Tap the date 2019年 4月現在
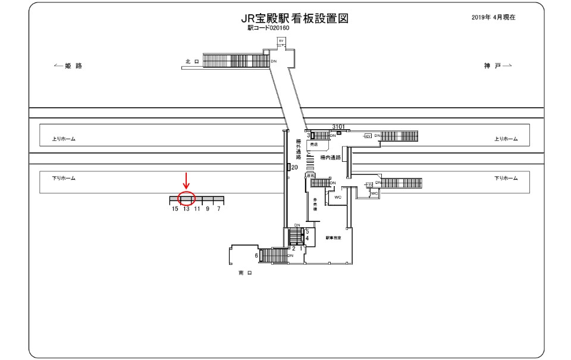492,17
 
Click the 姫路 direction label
68,66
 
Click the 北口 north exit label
191,61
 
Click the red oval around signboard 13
187,199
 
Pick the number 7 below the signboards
218,209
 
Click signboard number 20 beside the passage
294,168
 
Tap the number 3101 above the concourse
339,127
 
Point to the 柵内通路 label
330,158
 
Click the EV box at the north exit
282,40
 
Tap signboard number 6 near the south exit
256,255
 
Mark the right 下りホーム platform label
506,178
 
